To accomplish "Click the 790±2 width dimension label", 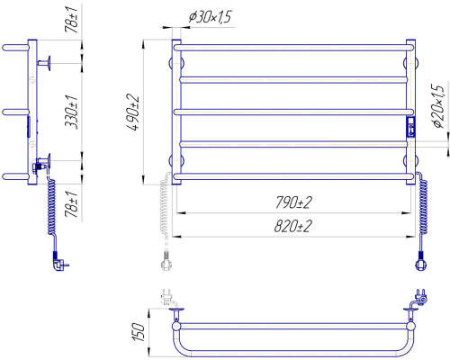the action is (x=293, y=202).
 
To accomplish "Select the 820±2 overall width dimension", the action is (x=292, y=226).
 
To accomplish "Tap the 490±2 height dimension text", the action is (x=133, y=112).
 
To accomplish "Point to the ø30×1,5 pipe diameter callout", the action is (x=211, y=17).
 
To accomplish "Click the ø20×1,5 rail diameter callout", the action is (x=437, y=106).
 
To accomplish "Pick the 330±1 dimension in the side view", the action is (x=71, y=112).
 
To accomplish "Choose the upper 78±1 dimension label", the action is (x=71, y=19).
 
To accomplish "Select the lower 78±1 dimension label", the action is (x=71, y=204).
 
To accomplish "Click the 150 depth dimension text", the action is (x=139, y=332).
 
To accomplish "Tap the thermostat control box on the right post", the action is (x=410, y=127).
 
